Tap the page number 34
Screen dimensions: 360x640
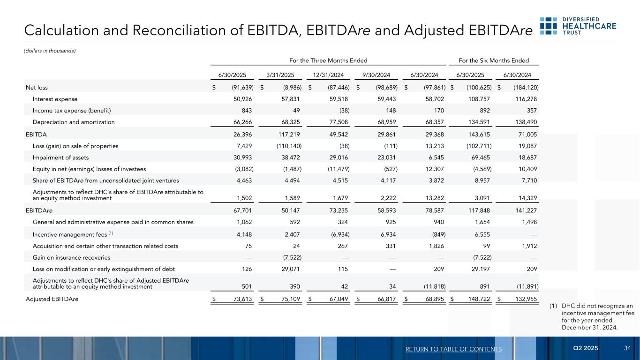tap(627, 349)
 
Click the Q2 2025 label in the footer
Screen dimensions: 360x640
tap(586, 349)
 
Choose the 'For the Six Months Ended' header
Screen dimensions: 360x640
tap(494, 60)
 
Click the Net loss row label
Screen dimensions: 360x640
tap(37, 87)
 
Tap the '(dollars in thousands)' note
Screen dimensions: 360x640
tap(50, 51)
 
